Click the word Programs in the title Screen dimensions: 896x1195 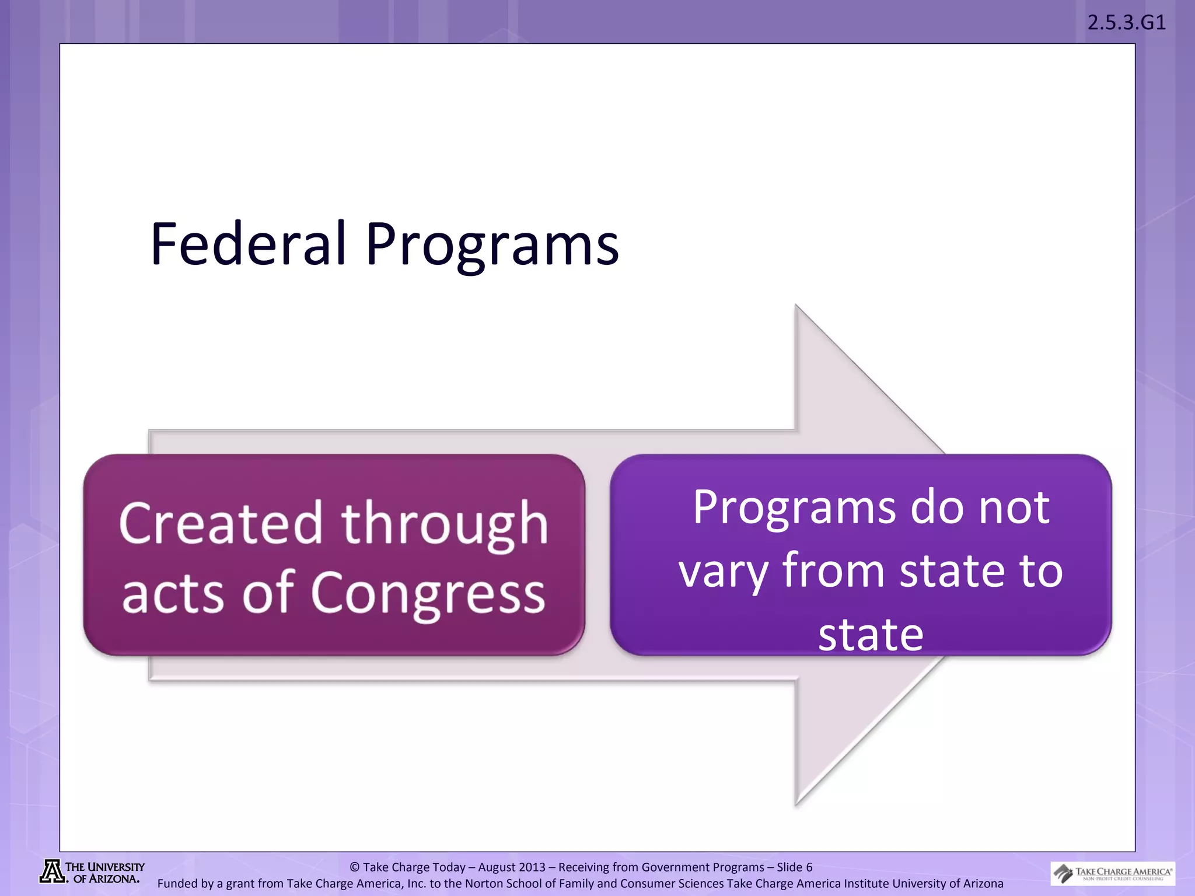[x=492, y=245]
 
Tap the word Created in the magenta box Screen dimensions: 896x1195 [x=221, y=523]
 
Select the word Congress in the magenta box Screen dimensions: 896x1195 [x=428, y=593]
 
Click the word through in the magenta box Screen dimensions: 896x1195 [x=445, y=524]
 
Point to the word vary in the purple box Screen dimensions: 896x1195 [x=724, y=571]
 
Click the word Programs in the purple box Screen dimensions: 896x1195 [x=793, y=508]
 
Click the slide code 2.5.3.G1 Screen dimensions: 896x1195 [x=1126, y=23]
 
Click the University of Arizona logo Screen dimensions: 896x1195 [x=92, y=872]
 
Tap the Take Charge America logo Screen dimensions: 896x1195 [x=1112, y=873]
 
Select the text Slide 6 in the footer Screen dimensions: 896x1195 [x=794, y=867]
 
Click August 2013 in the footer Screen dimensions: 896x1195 [x=512, y=867]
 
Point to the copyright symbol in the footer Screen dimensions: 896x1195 [x=354, y=867]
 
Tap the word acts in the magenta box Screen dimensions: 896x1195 [x=173, y=594]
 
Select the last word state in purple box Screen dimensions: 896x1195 [x=871, y=634]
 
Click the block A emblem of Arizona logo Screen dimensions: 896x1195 [x=52, y=872]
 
